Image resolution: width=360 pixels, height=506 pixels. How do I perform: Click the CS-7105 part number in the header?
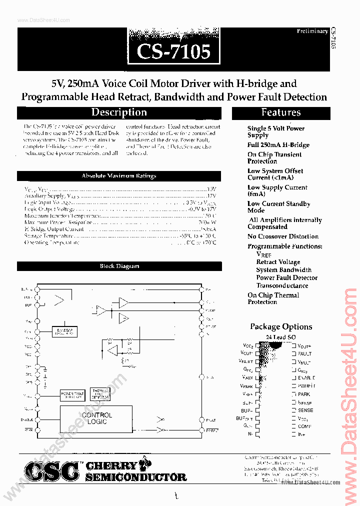[x=174, y=52]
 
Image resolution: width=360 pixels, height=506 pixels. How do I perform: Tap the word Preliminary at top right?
[x=312, y=31]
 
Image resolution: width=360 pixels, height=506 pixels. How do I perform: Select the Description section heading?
[x=119, y=113]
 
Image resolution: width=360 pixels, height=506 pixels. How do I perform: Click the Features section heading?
[x=280, y=113]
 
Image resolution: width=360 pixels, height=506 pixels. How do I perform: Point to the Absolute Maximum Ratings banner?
[x=119, y=176]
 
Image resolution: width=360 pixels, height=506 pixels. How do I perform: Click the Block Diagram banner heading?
[x=119, y=266]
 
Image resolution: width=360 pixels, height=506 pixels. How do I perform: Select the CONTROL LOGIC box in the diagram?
[x=96, y=418]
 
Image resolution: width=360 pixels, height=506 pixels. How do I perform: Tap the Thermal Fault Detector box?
[x=99, y=394]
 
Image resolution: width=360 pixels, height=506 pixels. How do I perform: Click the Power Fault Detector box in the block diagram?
[x=72, y=395]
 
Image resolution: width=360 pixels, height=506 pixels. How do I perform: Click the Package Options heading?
[x=280, y=326]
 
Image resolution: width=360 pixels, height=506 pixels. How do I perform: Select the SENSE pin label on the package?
[x=305, y=410]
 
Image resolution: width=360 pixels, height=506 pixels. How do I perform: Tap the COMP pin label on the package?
[x=304, y=426]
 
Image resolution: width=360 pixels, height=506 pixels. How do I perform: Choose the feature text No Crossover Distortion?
[x=282, y=236]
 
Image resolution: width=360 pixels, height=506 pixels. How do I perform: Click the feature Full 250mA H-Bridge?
[x=278, y=145]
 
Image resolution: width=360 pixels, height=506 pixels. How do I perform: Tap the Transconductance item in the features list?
[x=282, y=285]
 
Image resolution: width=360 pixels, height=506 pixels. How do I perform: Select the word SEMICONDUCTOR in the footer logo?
[x=136, y=477]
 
